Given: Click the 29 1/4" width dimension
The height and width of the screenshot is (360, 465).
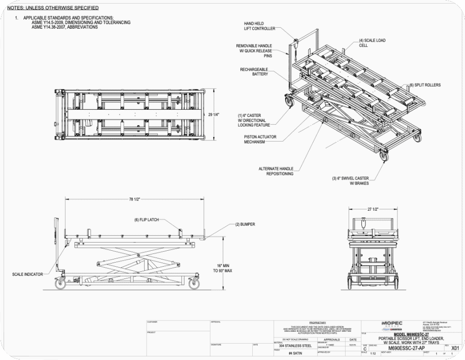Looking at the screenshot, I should [x=214, y=114].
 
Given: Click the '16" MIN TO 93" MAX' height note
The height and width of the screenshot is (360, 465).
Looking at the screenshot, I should [x=223, y=268].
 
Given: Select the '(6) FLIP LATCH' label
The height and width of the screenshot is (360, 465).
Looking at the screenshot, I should [x=147, y=219].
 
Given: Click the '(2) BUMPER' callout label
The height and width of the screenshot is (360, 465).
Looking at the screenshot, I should [x=245, y=225].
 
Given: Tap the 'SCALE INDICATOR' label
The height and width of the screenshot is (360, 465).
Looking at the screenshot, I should [x=27, y=274].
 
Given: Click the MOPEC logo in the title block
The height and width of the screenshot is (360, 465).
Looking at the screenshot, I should [x=392, y=324].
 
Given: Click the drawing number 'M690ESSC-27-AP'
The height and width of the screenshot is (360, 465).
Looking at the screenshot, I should [x=407, y=348].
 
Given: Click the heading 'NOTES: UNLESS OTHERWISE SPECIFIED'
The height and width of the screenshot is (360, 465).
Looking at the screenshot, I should [x=53, y=8].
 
